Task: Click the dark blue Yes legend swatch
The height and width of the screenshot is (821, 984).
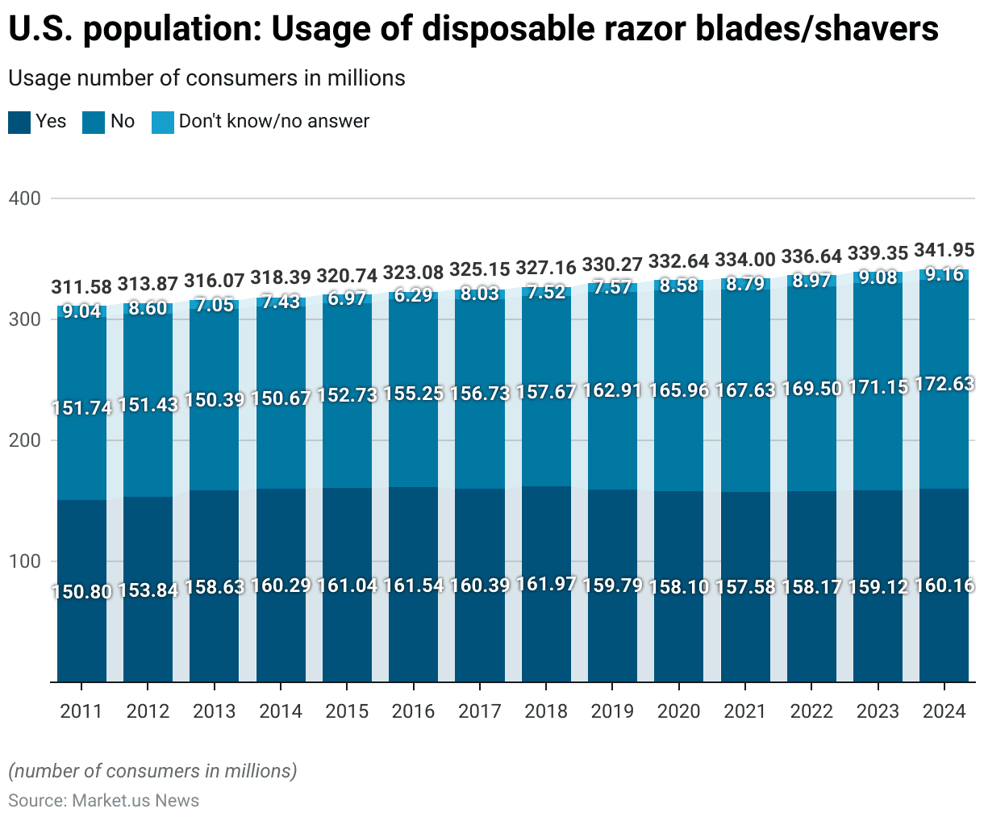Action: click(19, 122)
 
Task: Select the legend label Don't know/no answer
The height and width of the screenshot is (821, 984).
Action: click(273, 121)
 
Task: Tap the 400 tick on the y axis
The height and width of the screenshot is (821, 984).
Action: click(24, 198)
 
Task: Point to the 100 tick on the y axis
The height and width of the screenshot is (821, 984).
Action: click(24, 561)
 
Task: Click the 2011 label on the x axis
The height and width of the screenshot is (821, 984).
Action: click(81, 711)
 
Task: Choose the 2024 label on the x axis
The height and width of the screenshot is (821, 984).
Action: click(944, 711)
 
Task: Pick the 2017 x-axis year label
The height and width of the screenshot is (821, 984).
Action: click(479, 711)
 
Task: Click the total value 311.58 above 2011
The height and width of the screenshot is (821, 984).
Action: click(81, 287)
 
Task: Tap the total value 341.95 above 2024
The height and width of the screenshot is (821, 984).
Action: click(944, 250)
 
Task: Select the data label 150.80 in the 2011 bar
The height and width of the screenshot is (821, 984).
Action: click(81, 591)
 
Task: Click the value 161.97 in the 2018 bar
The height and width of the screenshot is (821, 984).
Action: click(546, 583)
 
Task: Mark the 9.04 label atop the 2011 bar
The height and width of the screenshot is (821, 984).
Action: click(81, 310)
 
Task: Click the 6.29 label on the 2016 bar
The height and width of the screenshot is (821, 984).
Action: click(413, 295)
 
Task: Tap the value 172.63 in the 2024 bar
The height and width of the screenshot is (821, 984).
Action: click(944, 385)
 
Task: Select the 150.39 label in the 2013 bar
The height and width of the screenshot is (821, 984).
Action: click(215, 399)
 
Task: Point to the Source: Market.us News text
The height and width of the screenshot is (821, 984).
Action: click(103, 800)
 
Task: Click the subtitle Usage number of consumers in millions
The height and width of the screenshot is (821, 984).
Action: click(206, 78)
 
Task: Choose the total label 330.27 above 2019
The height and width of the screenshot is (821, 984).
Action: click(612, 265)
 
